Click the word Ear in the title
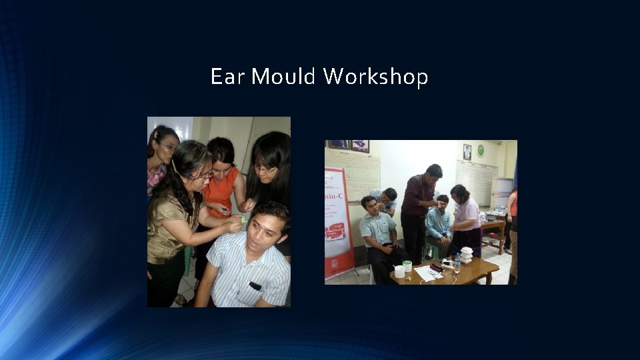point(227,77)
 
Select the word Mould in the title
point(283,77)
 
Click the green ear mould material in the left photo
point(244,219)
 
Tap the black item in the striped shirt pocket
point(255,286)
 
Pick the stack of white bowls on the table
point(467,254)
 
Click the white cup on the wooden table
point(399,271)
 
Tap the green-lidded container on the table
point(407,265)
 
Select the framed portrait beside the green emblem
point(467,152)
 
